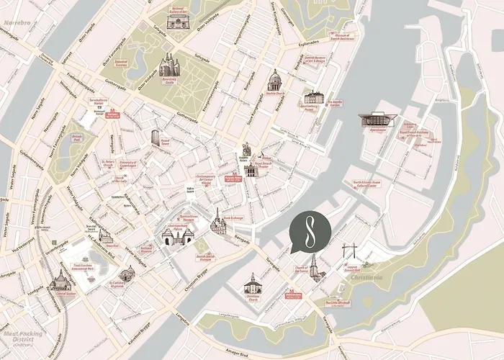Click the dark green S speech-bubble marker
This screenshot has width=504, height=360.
tap(310, 232)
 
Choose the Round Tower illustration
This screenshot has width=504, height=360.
tap(156, 138)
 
